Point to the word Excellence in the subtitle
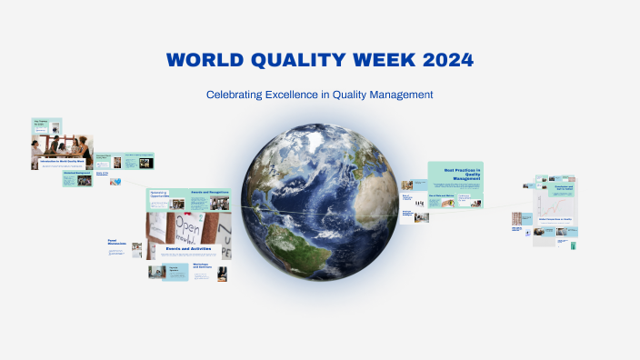(305, 95)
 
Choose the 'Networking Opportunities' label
(160, 195)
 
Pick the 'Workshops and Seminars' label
(204, 268)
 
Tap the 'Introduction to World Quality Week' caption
(63, 162)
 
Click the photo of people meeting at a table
(60, 145)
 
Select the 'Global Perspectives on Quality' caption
(554, 219)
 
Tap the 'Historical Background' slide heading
(76, 173)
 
